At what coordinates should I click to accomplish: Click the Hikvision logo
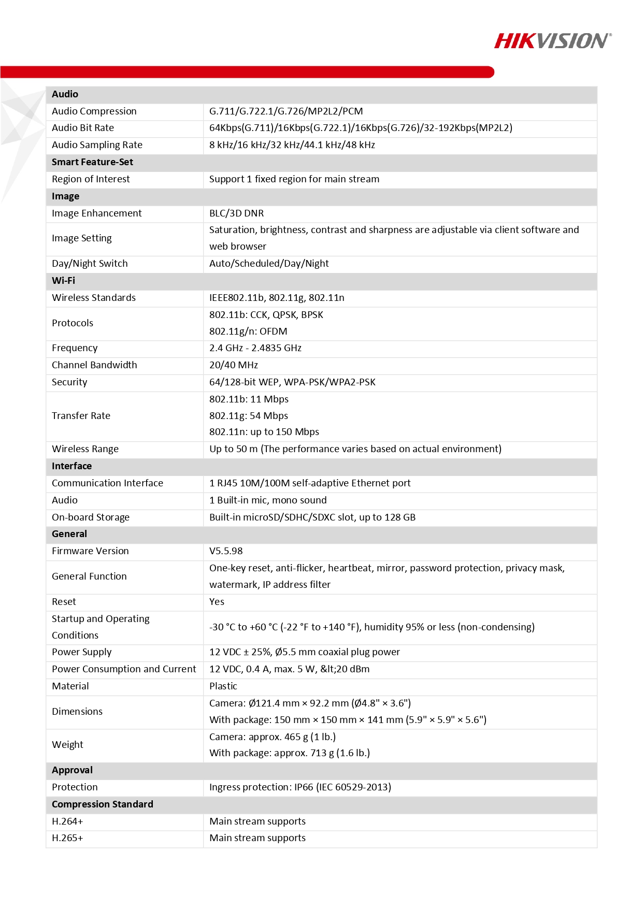552,40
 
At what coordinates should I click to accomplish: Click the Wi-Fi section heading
63,281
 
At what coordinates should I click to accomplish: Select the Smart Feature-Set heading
92,162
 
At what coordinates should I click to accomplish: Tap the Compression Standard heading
102,804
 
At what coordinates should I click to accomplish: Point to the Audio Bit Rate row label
83,128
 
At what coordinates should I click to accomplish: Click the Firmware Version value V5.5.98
226,551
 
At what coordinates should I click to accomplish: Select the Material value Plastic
223,686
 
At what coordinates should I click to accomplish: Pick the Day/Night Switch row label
90,264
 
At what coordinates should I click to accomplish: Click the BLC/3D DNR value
236,213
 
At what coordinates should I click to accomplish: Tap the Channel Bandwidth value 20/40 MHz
234,365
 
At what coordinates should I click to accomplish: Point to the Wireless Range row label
85,449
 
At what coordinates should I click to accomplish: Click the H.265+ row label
67,838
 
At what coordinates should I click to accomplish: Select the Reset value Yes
217,602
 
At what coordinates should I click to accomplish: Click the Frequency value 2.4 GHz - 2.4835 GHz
255,348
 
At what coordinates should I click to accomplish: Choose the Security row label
69,382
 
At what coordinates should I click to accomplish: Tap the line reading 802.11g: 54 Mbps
249,416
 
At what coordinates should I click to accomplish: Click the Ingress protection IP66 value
300,787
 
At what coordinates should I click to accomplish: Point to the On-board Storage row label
91,517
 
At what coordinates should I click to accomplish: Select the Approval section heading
72,770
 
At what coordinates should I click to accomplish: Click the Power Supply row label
82,652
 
